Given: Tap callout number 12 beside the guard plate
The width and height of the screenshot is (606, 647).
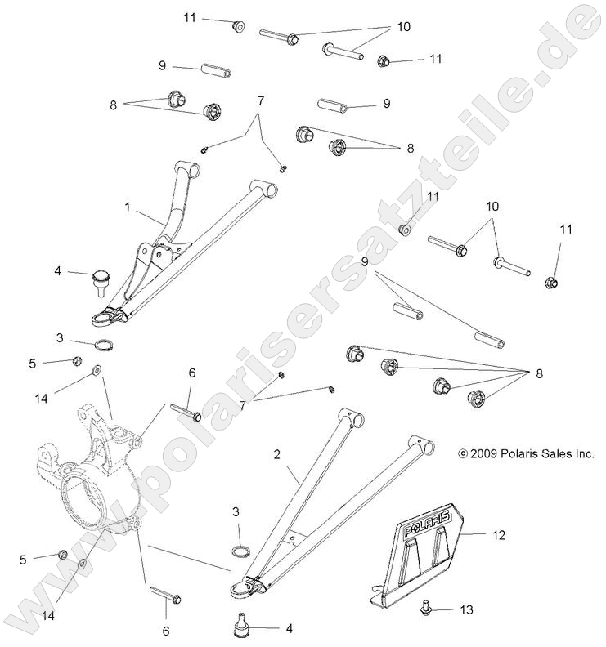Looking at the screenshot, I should click(x=499, y=535).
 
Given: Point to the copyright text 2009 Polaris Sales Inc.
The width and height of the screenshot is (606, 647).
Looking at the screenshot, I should click(x=526, y=453).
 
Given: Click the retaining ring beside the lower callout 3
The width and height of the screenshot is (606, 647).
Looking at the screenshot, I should click(x=240, y=551).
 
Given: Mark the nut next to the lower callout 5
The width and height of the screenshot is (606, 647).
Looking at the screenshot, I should click(x=63, y=555).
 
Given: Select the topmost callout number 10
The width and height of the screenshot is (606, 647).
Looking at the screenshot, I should click(x=403, y=26).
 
